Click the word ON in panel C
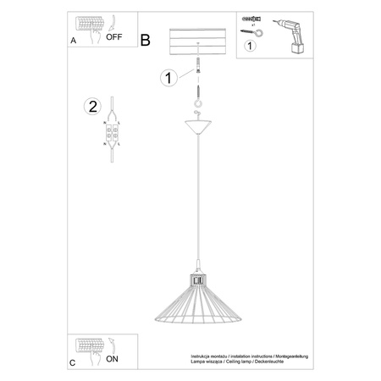pos(112,358)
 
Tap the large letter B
pos(145,40)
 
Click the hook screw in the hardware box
pos(251,31)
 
